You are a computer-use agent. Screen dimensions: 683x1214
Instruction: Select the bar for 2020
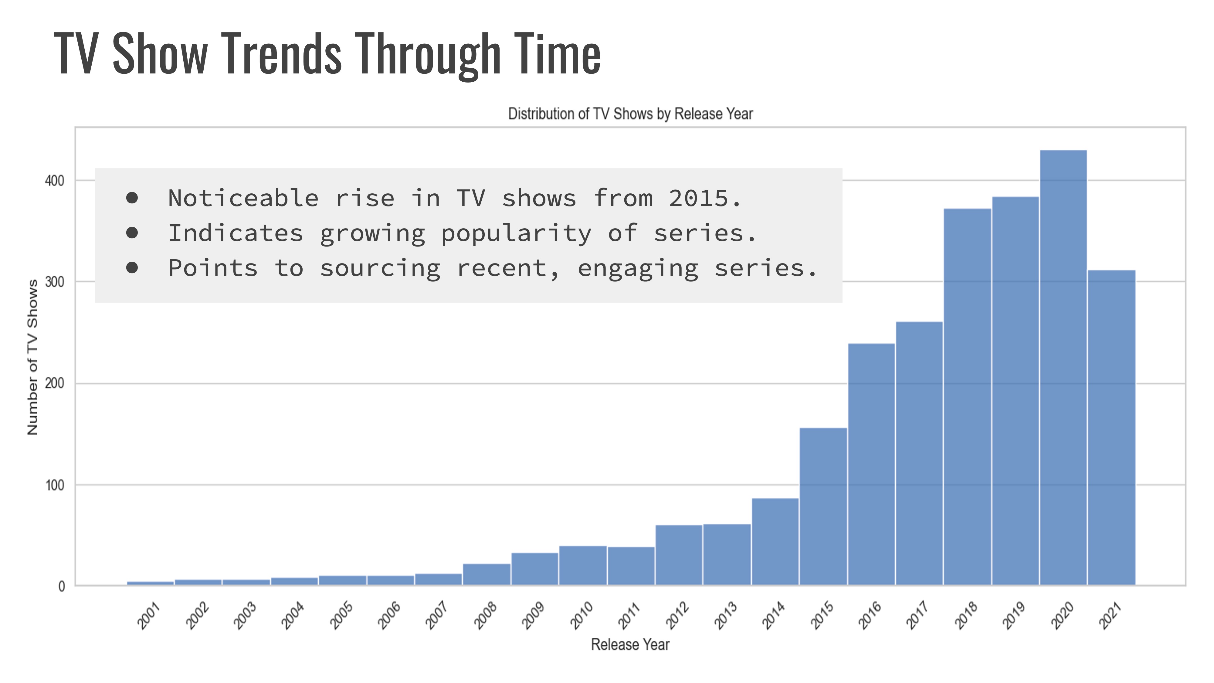pos(1063,368)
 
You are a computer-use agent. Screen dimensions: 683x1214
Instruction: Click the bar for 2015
pos(823,506)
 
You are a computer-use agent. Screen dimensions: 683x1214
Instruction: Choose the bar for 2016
pos(871,464)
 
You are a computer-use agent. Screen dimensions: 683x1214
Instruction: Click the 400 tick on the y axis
pos(54,181)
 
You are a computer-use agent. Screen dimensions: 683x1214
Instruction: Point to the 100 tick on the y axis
pos(54,485)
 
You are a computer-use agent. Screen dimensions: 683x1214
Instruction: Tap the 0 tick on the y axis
pos(61,587)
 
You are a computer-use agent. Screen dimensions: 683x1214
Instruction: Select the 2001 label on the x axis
pos(149,616)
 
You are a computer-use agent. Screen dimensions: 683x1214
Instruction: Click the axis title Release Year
pos(630,644)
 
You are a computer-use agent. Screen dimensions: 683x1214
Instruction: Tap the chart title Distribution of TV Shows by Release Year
pos(630,114)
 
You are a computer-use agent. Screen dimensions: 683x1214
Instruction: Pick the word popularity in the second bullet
pos(516,234)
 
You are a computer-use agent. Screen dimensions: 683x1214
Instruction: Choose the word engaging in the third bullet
pos(638,269)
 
